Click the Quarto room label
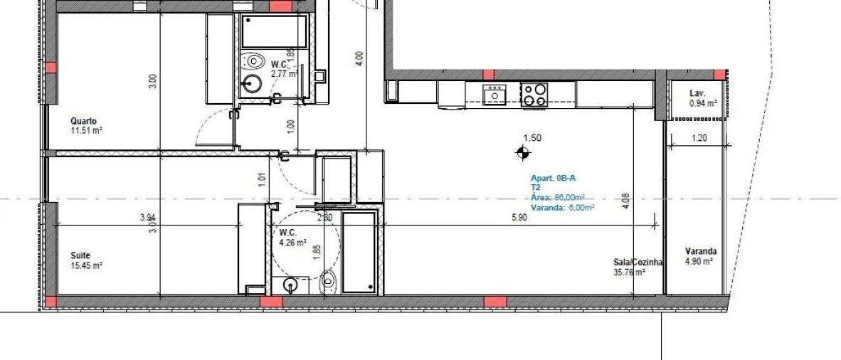(83, 121)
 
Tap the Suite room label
(80, 255)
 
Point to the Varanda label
(700, 251)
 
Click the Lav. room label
(697, 94)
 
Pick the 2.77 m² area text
(283, 73)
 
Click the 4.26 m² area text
(292, 242)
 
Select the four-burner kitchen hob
(534, 95)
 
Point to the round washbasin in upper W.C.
(251, 84)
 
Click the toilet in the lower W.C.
(328, 282)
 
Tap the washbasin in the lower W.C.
(290, 285)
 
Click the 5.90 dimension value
(519, 218)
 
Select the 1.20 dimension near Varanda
(699, 139)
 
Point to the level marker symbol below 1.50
(523, 152)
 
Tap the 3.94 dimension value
(147, 218)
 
